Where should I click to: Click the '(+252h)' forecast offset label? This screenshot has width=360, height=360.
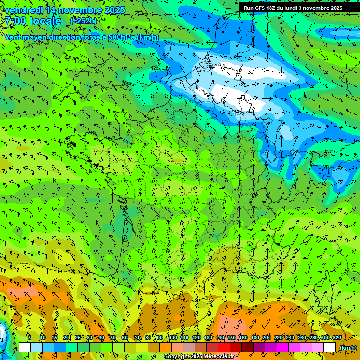coord(83,21)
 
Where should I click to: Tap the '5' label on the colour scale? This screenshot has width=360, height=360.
coord(30,337)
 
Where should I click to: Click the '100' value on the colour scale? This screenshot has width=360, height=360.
coord(173,337)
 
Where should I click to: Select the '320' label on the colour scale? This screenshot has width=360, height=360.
coord(337,337)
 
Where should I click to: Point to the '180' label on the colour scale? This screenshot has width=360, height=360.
coord(255,337)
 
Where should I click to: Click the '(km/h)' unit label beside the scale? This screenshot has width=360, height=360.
coord(348,348)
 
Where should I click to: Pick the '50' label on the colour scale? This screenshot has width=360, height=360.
coord(113,337)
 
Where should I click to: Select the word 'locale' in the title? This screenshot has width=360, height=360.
coord(44,21)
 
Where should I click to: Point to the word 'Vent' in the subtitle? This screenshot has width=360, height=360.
coord(13,37)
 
